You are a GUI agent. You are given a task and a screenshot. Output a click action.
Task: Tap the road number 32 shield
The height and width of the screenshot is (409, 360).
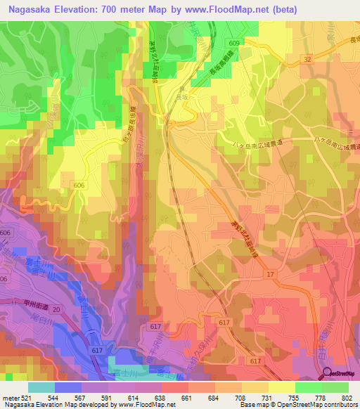[306, 60]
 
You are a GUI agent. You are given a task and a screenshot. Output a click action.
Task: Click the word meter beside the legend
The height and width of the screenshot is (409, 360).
[11, 398]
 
